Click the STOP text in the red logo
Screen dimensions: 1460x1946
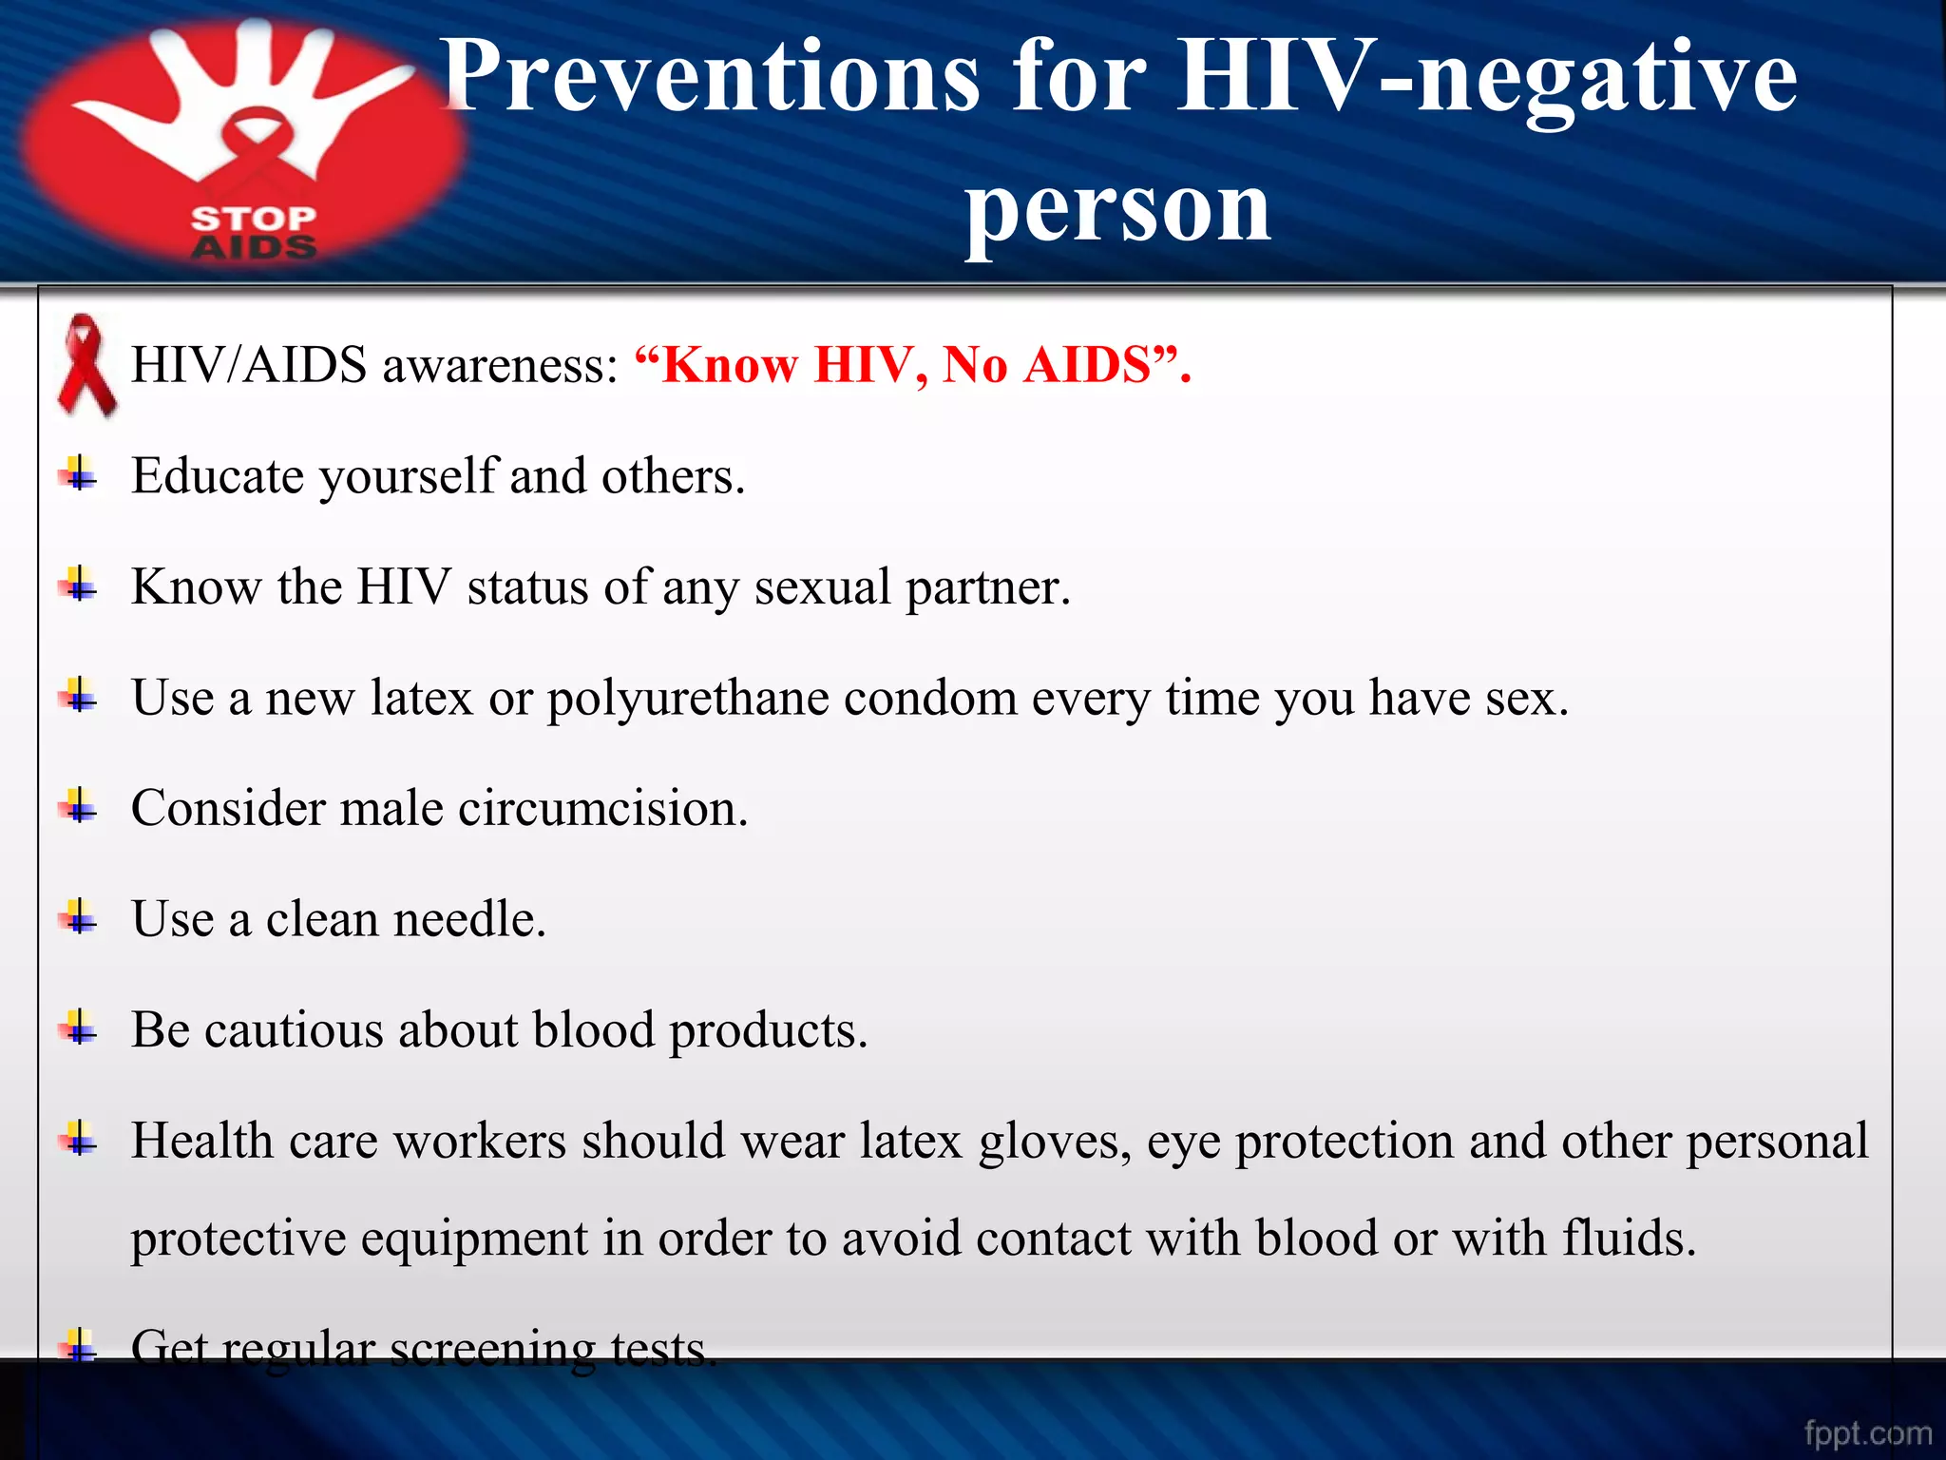[x=253, y=219]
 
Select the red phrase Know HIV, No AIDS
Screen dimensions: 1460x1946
[x=912, y=365]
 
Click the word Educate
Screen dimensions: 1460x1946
[x=219, y=475]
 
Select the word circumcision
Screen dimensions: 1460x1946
[x=602, y=809]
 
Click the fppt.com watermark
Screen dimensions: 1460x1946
[x=1868, y=1432]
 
